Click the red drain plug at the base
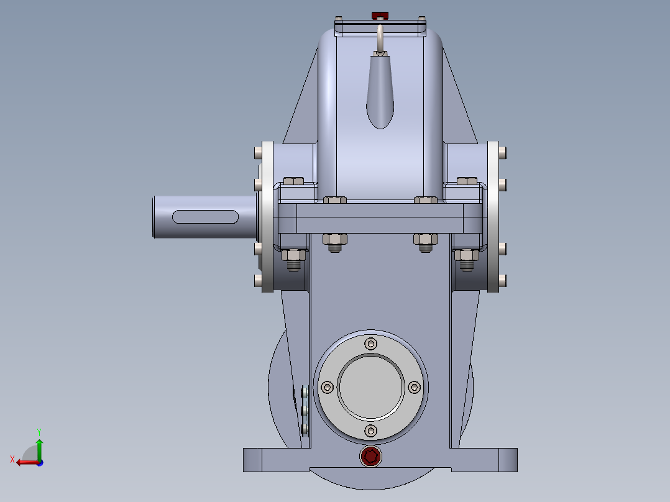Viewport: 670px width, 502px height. pos(370,456)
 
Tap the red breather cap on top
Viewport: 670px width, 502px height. pos(380,16)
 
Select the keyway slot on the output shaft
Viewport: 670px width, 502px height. pos(205,217)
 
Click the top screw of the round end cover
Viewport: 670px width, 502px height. pos(370,344)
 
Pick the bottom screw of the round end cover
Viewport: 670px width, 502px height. pos(370,431)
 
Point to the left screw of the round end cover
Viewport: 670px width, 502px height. pos(328,388)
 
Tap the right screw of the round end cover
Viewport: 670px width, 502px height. pos(414,388)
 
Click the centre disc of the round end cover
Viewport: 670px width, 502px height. pos(370,387)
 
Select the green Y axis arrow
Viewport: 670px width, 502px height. pos(39,449)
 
